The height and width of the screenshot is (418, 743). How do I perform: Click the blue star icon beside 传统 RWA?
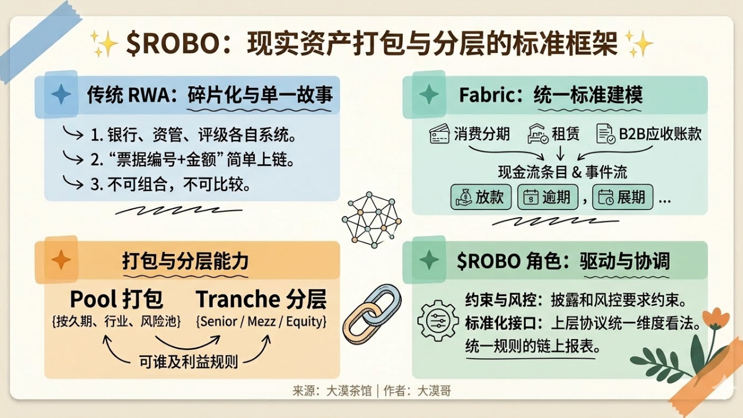coord(62,94)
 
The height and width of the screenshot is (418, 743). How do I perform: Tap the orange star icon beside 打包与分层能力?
coord(62,260)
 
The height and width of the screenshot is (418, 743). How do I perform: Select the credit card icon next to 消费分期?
coord(439,134)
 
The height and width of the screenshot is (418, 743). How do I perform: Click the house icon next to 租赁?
coord(538,134)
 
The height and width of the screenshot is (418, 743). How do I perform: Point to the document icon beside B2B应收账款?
coord(605,134)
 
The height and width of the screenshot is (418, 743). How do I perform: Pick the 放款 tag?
coord(481,197)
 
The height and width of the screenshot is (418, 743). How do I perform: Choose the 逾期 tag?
coord(547,197)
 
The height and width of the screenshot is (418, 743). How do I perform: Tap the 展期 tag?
coord(623,197)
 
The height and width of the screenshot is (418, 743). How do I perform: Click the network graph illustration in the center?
coord(371,220)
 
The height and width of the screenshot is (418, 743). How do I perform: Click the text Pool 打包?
coord(117,299)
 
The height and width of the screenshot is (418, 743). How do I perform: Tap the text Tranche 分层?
coord(261,299)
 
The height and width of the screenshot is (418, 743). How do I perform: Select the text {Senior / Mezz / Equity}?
coord(261,322)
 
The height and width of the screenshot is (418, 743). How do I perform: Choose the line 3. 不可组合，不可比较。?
coord(171,185)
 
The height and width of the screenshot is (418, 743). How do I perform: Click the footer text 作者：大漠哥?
coord(417,391)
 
